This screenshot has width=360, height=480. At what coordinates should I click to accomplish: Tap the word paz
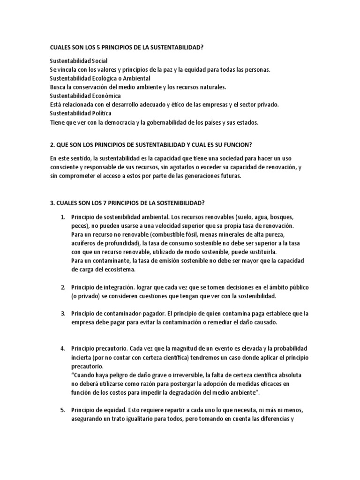169,70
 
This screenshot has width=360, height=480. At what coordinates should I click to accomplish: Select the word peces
80,226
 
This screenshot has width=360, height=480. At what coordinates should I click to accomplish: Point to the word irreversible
178,375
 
